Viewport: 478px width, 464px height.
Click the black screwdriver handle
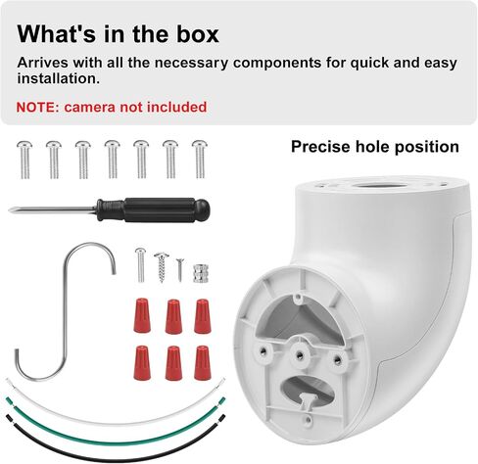pyautogui.click(x=153, y=210)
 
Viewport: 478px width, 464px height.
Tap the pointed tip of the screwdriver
pyautogui.click(x=10, y=210)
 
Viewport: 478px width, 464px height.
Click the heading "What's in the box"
pyautogui.click(x=118, y=33)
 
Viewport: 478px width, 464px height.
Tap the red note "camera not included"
pyautogui.click(x=135, y=107)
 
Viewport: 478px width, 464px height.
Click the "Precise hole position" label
pyautogui.click(x=375, y=147)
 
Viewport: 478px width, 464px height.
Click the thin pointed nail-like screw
pyautogui.click(x=180, y=270)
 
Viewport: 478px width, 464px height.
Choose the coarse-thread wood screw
pyautogui.click(x=162, y=267)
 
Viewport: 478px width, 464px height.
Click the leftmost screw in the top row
pyautogui.click(x=24, y=160)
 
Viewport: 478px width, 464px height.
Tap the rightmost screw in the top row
pyautogui.click(x=200, y=160)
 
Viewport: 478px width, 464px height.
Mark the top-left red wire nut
pyautogui.click(x=142, y=315)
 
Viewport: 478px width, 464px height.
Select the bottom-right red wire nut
pyautogui.click(x=203, y=362)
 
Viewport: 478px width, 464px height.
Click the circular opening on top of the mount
pyautogui.click(x=380, y=186)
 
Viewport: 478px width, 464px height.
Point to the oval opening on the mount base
pyautogui.click(x=307, y=390)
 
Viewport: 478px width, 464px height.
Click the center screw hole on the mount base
pyautogui.click(x=299, y=354)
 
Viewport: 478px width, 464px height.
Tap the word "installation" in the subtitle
pyautogui.click(x=58, y=78)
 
